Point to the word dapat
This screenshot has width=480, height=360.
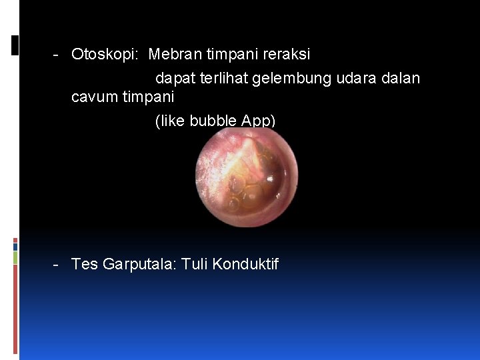[x=174, y=79]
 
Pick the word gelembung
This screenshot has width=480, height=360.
[x=291, y=79]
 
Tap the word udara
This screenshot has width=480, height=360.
[x=356, y=79]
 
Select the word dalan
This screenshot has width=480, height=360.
[x=401, y=79]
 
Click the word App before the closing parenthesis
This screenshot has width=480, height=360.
[x=259, y=121]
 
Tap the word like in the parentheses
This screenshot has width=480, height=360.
[x=172, y=121]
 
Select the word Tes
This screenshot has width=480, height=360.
[x=85, y=265]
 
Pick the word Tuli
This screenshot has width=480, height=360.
[x=197, y=265]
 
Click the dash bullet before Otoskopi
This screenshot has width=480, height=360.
[x=57, y=54]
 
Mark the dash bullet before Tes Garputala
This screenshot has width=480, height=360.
[x=57, y=265]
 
